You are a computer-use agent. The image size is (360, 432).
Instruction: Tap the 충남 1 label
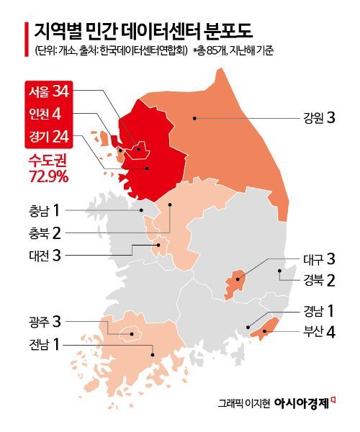click(44, 211)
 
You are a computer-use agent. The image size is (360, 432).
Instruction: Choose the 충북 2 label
click(44, 232)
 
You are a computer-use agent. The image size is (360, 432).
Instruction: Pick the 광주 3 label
click(44, 321)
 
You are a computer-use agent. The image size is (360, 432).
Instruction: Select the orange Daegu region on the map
click(234, 282)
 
